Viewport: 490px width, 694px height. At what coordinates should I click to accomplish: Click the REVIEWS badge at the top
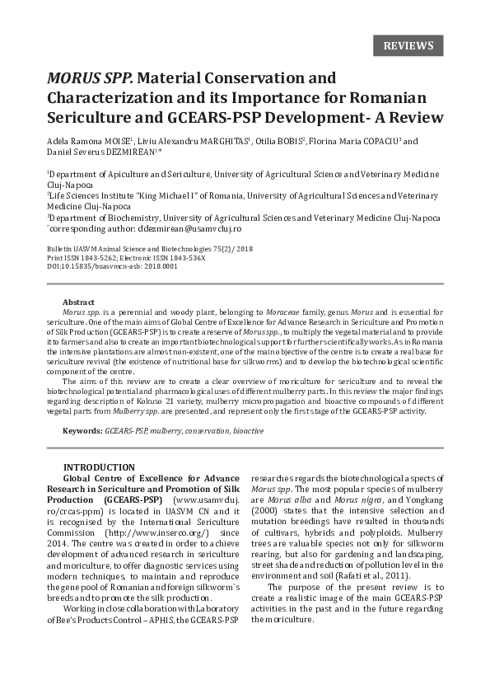pos(408,45)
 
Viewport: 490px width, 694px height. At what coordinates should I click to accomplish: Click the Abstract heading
pos(78,302)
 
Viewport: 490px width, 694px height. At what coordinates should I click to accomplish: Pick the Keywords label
pos(82,431)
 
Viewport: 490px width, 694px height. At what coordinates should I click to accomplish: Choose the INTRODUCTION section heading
pos(99,467)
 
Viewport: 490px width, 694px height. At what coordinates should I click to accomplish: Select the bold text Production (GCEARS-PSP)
pos(105,499)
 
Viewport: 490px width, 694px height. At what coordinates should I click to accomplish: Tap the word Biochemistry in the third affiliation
pos(132,218)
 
